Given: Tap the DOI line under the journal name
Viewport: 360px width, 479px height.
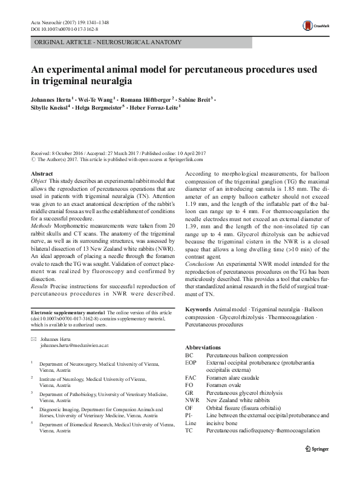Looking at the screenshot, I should click(x=65, y=28).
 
